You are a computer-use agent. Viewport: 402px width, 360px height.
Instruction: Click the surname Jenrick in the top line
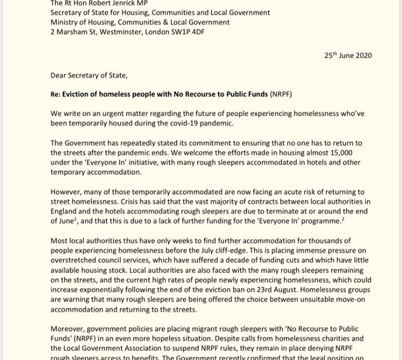[x=117, y=3]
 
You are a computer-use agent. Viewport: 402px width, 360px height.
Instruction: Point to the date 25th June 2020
[x=348, y=56]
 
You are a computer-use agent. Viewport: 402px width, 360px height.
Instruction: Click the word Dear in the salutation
[x=60, y=74]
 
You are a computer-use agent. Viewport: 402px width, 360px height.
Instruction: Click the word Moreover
[x=68, y=329]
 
